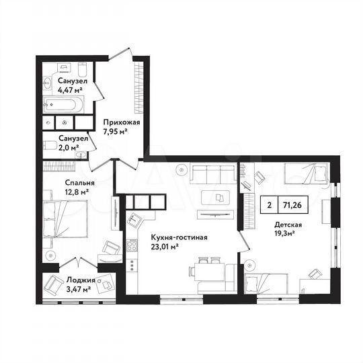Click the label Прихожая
click(121, 122)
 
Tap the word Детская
click(287, 225)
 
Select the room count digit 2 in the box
click(269, 206)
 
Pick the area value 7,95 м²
click(116, 132)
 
